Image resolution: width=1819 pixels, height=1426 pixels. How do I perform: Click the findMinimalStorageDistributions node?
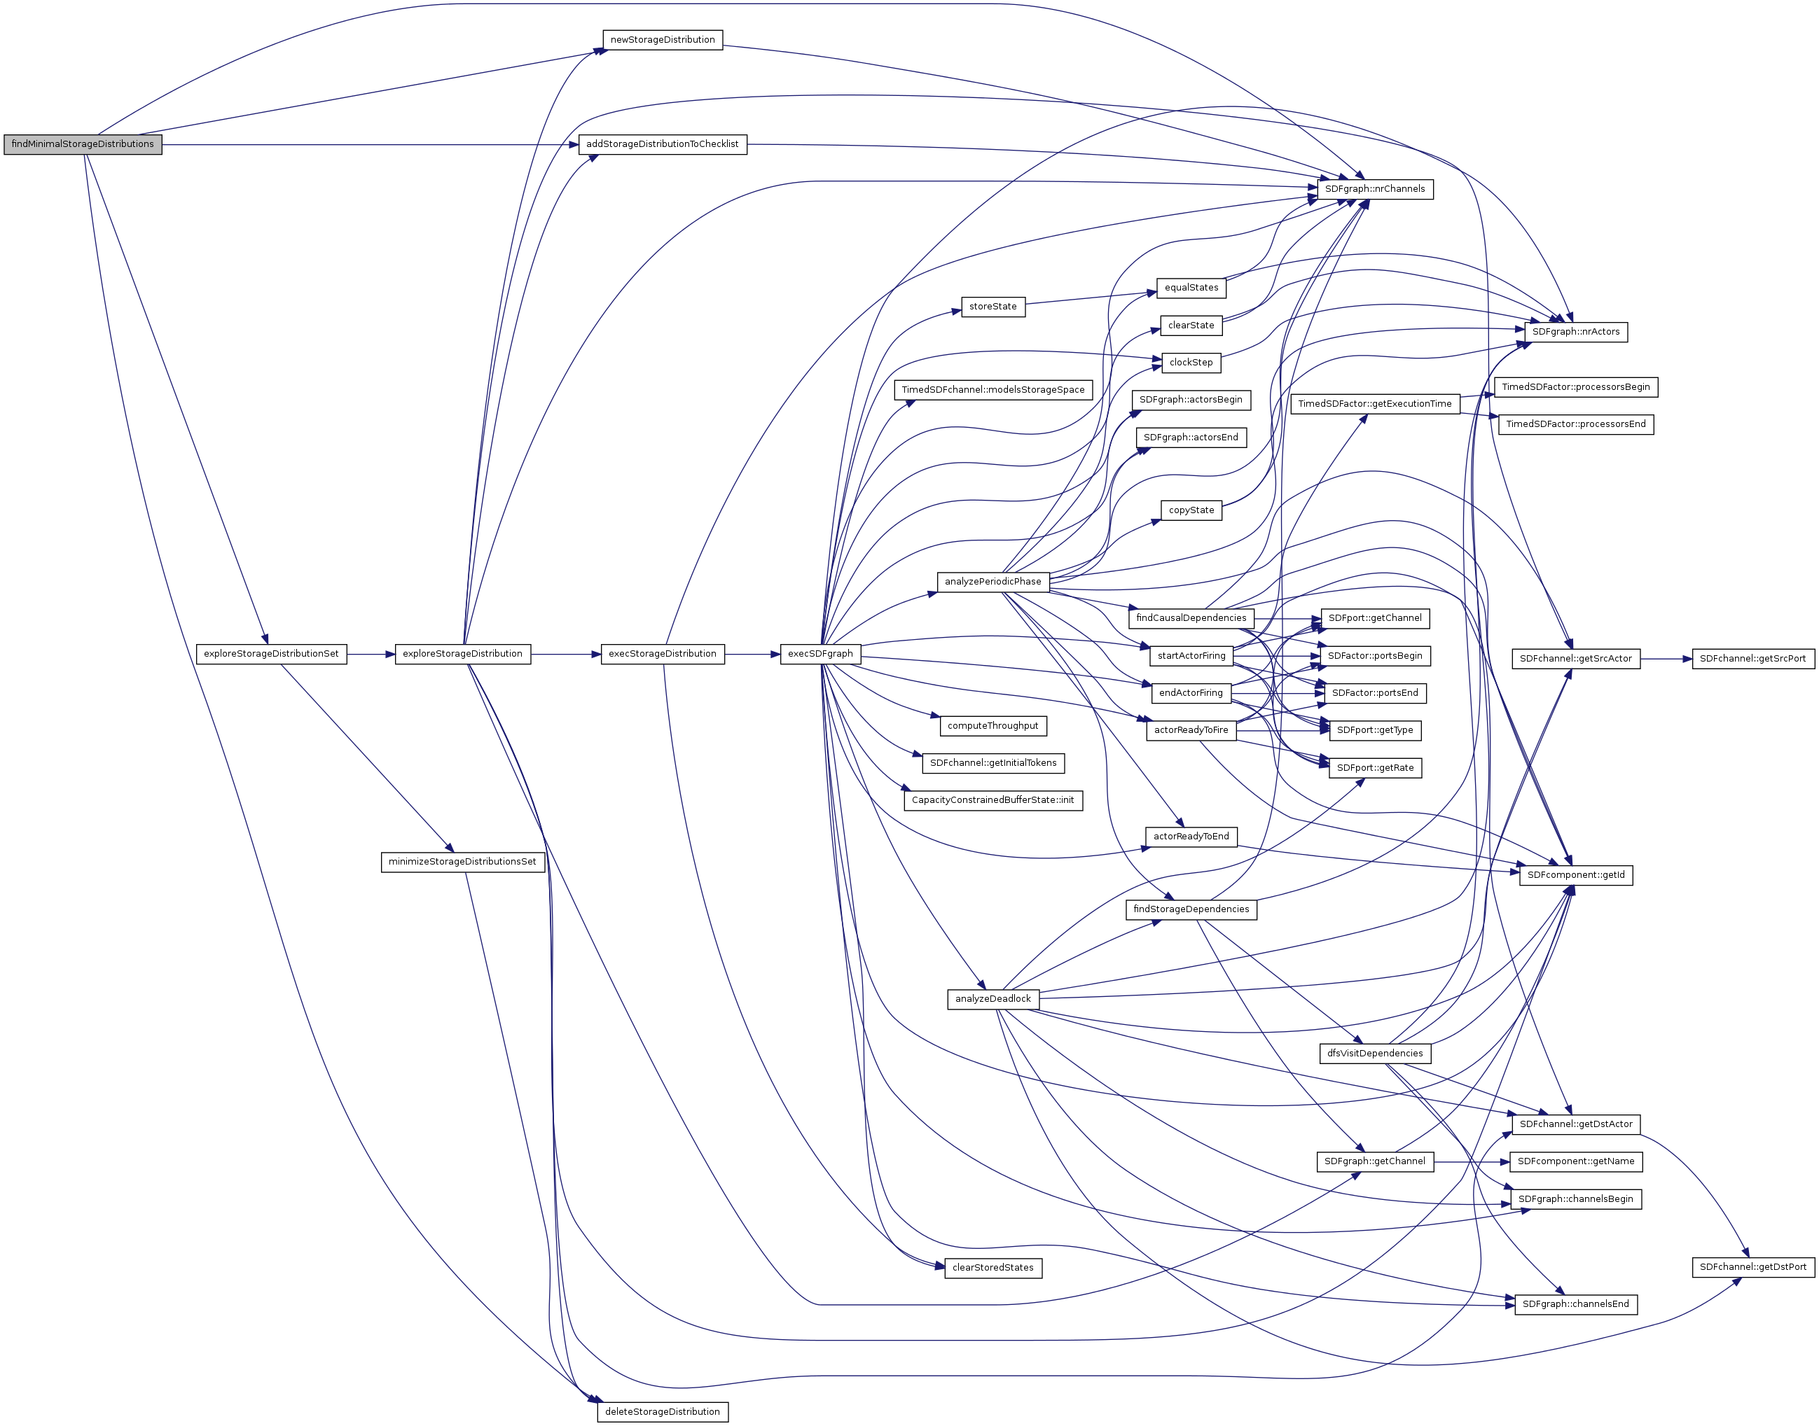click(83, 144)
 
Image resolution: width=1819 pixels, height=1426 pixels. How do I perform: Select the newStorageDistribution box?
click(663, 40)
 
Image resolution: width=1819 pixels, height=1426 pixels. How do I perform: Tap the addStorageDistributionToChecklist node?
click(663, 144)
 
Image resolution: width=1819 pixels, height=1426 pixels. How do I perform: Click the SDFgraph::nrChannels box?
click(1375, 190)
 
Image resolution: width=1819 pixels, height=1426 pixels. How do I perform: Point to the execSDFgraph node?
click(820, 654)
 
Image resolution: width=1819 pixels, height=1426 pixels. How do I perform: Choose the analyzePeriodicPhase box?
click(993, 582)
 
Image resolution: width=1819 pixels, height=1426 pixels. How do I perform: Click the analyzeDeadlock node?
click(993, 998)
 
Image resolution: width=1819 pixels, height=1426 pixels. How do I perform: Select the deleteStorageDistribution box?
click(663, 1412)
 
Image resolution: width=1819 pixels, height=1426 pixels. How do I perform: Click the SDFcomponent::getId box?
click(1575, 875)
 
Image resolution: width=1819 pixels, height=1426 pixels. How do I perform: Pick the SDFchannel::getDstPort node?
click(1752, 1267)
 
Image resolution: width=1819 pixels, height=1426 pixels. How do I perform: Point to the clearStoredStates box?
click(993, 1267)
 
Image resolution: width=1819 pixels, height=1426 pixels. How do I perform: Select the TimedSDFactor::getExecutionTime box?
click(1375, 404)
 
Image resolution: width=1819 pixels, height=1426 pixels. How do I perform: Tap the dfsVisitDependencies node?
click(1375, 1054)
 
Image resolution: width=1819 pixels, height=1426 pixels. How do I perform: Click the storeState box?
click(993, 307)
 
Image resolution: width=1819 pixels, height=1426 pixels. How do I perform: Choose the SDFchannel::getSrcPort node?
click(1752, 659)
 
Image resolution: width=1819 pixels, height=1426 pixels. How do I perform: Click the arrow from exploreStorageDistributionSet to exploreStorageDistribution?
click(370, 655)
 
